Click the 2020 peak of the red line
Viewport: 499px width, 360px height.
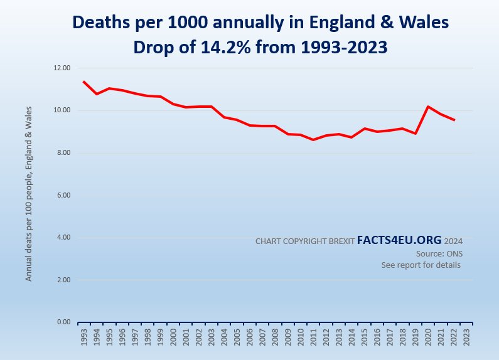coord(427,107)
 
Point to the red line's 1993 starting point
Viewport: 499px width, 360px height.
coord(84,82)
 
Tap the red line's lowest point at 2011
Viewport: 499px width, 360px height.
coord(313,140)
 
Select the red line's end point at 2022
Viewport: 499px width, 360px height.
coord(453,120)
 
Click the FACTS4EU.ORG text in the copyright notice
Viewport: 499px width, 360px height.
coord(399,240)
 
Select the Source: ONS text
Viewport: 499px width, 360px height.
coord(438,253)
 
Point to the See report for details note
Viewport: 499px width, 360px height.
coord(421,265)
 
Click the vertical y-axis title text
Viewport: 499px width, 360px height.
coord(29,194)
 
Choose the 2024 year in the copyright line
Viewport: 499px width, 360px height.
coord(454,241)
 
